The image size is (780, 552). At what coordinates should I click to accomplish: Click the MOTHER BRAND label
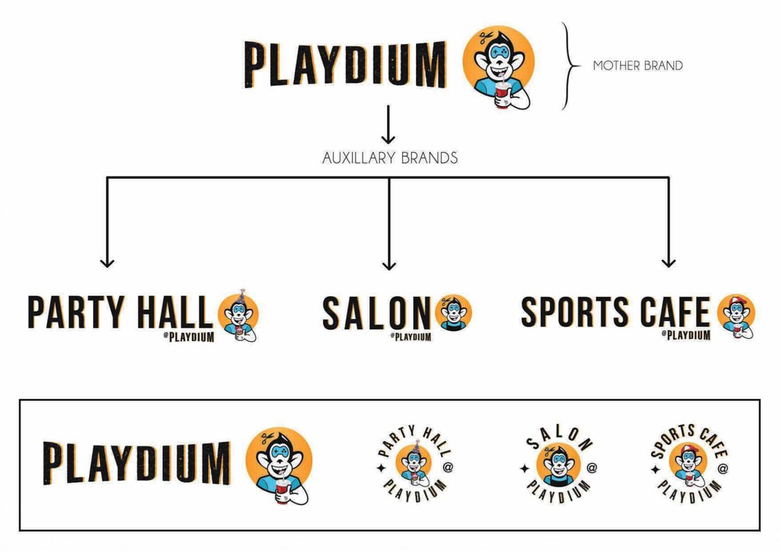(638, 65)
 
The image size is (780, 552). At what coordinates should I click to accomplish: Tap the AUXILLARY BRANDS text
(389, 158)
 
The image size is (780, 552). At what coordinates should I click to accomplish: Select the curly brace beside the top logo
(568, 65)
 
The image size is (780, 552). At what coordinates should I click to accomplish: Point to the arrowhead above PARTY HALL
(107, 261)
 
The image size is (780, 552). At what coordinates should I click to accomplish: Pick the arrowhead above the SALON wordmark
(389, 263)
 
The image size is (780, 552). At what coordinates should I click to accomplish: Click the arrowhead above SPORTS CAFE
(668, 261)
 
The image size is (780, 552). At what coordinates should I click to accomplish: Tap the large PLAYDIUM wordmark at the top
(344, 65)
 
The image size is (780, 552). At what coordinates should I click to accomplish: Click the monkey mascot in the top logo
(499, 65)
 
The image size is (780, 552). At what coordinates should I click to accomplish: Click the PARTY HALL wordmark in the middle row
(120, 312)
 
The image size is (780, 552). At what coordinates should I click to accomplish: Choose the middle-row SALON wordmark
(376, 313)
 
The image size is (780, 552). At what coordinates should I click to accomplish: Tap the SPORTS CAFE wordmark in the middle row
(616, 311)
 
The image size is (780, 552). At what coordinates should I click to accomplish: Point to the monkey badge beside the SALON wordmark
(454, 313)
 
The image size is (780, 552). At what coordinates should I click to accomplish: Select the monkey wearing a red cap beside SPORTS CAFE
(735, 314)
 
